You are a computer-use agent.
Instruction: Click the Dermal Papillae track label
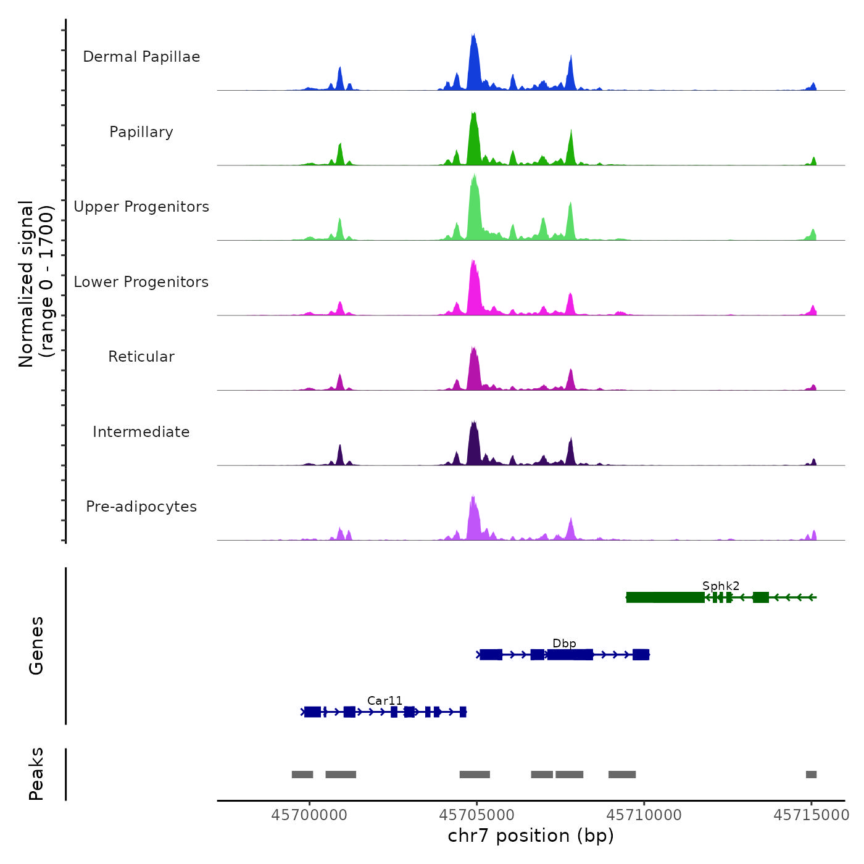tap(141, 57)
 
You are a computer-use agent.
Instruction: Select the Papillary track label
tap(141, 132)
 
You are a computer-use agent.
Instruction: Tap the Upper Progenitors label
tap(141, 207)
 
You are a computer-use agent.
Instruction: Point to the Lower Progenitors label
tap(141, 282)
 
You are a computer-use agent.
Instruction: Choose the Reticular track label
tap(141, 357)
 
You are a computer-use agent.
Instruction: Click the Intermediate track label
tap(141, 432)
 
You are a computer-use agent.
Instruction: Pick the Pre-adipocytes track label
tap(141, 507)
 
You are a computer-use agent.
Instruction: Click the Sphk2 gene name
tap(721, 586)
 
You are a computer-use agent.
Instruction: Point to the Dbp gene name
tap(564, 644)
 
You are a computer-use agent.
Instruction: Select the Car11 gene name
tap(384, 701)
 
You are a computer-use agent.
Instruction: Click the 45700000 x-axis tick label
tap(309, 815)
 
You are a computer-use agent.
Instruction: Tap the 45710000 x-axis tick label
tap(644, 815)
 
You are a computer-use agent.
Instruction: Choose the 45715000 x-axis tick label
tap(812, 815)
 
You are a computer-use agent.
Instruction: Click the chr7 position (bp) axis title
tap(531, 836)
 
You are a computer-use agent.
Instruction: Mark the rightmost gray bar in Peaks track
tap(811, 775)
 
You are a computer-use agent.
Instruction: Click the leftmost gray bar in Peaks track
tap(302, 775)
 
